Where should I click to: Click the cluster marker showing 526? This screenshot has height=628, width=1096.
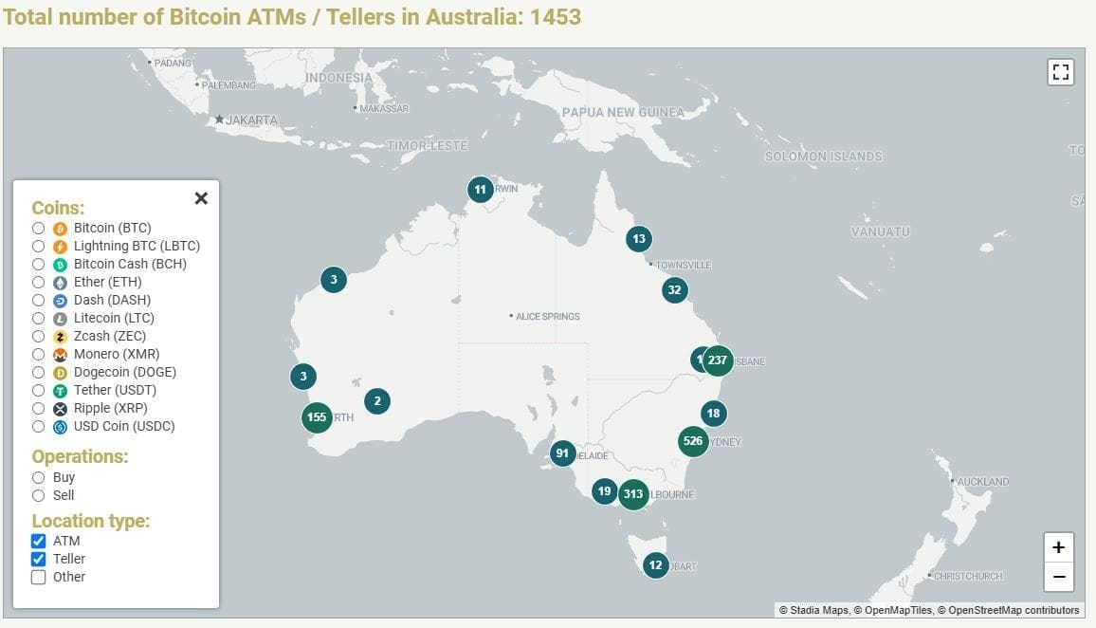click(x=693, y=441)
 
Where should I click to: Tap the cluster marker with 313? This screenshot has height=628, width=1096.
click(x=633, y=494)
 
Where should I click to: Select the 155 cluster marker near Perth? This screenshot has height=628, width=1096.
click(x=317, y=417)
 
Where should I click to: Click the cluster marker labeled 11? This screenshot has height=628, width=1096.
click(x=481, y=190)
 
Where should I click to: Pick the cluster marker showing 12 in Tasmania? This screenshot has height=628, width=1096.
click(x=655, y=565)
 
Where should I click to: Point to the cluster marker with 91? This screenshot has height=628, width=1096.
click(x=562, y=453)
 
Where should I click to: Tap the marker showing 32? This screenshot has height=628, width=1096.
click(x=674, y=290)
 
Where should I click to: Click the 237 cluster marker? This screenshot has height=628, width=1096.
click(x=718, y=360)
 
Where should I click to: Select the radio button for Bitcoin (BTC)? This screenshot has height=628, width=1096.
click(x=38, y=228)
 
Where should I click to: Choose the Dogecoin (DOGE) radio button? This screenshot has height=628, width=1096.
click(x=38, y=372)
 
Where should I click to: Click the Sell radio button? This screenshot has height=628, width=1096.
click(x=38, y=495)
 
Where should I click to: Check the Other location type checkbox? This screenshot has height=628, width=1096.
click(x=39, y=577)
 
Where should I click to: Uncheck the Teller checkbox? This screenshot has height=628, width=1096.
click(x=39, y=559)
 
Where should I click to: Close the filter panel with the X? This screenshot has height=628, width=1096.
click(x=201, y=198)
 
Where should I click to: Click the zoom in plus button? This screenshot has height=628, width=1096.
click(x=1058, y=547)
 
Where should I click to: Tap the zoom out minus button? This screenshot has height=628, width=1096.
click(x=1058, y=576)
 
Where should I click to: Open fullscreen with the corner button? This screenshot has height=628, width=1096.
click(x=1061, y=72)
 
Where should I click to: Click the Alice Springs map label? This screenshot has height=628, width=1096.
click(x=547, y=316)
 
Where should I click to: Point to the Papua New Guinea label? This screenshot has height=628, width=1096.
click(x=622, y=112)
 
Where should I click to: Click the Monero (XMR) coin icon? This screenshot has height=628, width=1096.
click(x=60, y=354)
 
